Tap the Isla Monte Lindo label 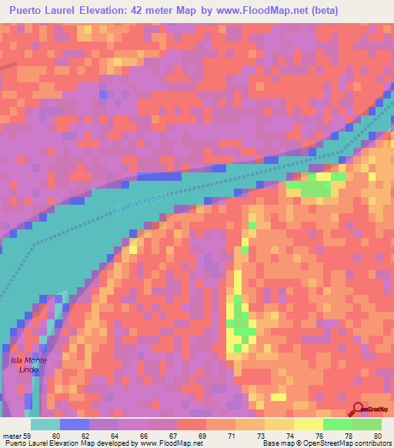tap(28, 366)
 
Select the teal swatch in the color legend tap(45, 423)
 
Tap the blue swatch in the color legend tap(75, 423)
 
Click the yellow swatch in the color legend tap(308, 423)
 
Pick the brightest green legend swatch tap(337, 423)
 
